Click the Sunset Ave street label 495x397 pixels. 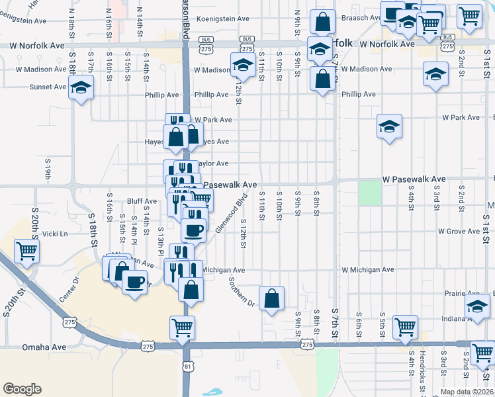48,87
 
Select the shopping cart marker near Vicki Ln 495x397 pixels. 27,251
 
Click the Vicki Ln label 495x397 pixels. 55,234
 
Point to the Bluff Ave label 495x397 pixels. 142,201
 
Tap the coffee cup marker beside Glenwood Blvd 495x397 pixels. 194,231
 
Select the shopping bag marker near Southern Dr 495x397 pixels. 272,299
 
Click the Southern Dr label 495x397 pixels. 242,291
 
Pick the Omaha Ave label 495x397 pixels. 44,347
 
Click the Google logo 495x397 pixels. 22,388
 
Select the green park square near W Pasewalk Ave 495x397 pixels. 371,193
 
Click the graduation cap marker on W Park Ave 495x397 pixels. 390,126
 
